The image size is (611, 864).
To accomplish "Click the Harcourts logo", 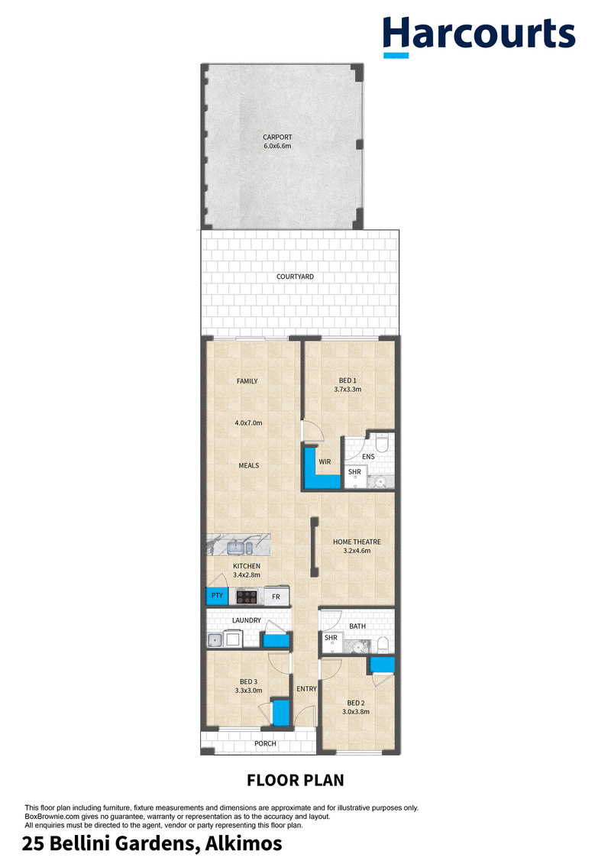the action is [x=479, y=37].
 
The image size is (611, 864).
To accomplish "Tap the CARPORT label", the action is [x=277, y=138].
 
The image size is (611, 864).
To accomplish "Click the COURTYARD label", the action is [x=296, y=277].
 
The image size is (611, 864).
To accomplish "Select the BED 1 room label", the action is [x=348, y=380].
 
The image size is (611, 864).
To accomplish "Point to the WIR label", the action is [x=325, y=461].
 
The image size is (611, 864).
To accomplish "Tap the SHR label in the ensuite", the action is [x=355, y=472].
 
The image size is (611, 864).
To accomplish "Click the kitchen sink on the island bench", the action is [x=240, y=547].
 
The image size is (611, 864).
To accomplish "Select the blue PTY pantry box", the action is [x=216, y=596].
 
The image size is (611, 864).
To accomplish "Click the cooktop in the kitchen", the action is [x=247, y=596].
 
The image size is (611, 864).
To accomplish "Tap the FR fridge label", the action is [x=276, y=597].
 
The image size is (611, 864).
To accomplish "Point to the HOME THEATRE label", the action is [x=357, y=542].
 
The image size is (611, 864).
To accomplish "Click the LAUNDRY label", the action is [x=246, y=620].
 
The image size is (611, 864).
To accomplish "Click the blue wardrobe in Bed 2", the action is [x=382, y=665].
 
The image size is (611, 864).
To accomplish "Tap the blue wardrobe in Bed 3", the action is [x=280, y=712].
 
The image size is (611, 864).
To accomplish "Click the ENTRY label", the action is [x=307, y=689].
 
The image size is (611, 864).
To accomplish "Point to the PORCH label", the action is [x=265, y=743].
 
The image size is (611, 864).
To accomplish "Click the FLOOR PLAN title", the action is [x=296, y=780].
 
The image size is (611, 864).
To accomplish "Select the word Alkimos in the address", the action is [x=244, y=843].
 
